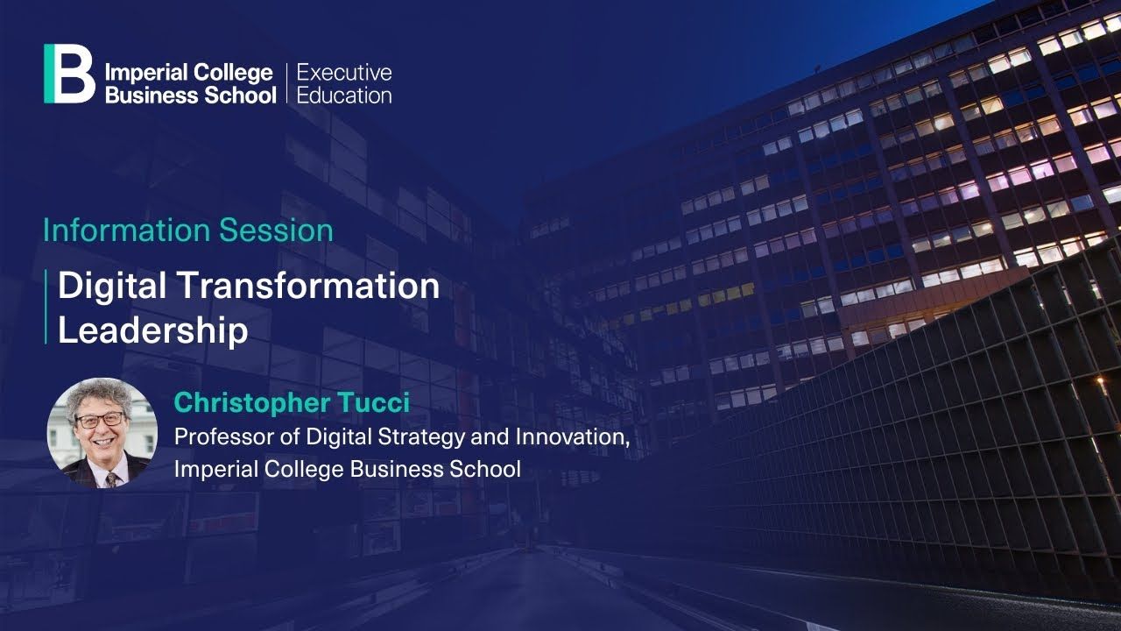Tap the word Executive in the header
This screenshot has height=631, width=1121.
(344, 73)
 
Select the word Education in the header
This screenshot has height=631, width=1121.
(344, 96)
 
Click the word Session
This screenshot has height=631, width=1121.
(276, 230)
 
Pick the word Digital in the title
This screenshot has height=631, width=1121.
(111, 287)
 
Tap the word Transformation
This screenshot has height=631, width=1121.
(309, 286)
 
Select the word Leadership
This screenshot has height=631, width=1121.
(153, 330)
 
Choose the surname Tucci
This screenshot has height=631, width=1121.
(373, 402)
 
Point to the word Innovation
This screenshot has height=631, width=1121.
(573, 436)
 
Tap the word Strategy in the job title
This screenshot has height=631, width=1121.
(421, 437)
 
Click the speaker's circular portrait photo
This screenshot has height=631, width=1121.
(102, 433)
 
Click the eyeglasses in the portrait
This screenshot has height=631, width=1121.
(100, 420)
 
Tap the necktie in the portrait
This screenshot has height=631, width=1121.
(111, 479)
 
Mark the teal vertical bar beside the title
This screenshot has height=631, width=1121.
(46, 307)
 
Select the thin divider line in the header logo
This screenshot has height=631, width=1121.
(286, 83)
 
